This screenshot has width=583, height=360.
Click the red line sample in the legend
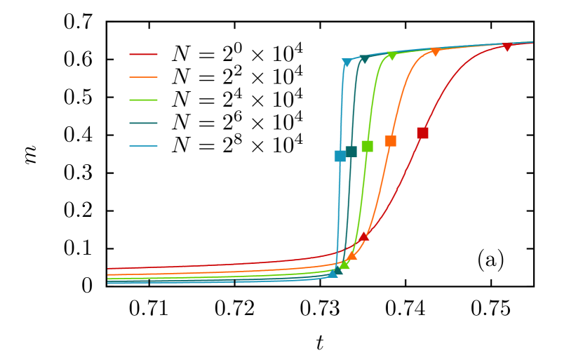pyautogui.click(x=143, y=54)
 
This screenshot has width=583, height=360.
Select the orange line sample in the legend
pyautogui.click(x=143, y=77)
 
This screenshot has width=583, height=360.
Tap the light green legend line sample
pyautogui.click(x=143, y=100)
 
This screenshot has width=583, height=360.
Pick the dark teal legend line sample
pyautogui.click(x=143, y=124)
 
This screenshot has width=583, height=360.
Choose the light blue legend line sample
pyautogui.click(x=143, y=146)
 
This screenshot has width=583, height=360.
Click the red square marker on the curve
pyautogui.click(x=422, y=133)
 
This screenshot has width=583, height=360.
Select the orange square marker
pyautogui.click(x=390, y=141)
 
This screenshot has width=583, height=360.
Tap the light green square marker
pyautogui.click(x=367, y=146)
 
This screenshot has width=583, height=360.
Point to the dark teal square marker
pyautogui.click(x=351, y=151)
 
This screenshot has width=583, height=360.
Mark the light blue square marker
pyautogui.click(x=340, y=156)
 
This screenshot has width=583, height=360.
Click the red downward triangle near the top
pyautogui.click(x=507, y=47)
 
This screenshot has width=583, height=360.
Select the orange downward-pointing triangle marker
pyautogui.click(x=436, y=52)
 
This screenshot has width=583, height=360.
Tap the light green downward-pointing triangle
pyautogui.click(x=392, y=56)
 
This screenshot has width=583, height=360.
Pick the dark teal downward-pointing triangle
pyautogui.click(x=364, y=60)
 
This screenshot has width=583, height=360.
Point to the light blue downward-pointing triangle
pyautogui.click(x=347, y=63)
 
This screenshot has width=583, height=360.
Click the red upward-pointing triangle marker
pyautogui.click(x=363, y=236)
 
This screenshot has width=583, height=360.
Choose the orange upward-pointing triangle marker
pyautogui.click(x=352, y=255)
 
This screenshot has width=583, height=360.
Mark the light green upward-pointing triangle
pyautogui.click(x=344, y=265)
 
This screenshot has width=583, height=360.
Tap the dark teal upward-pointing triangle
pyautogui.click(x=338, y=269)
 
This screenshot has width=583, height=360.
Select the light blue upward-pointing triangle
pyautogui.click(x=333, y=272)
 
